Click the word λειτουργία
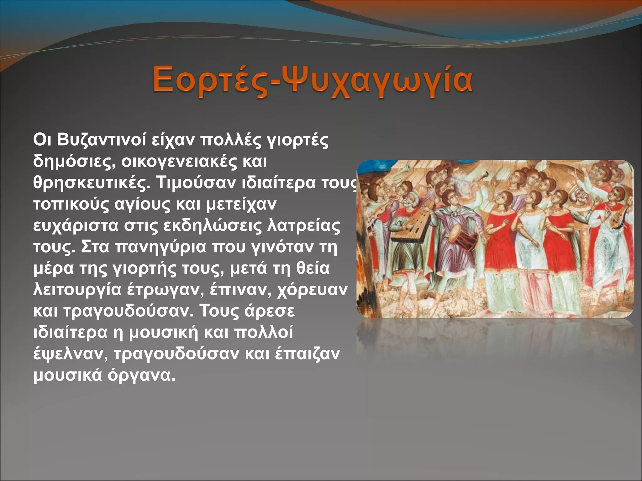coord(77,290)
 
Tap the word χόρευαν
coord(312,290)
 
